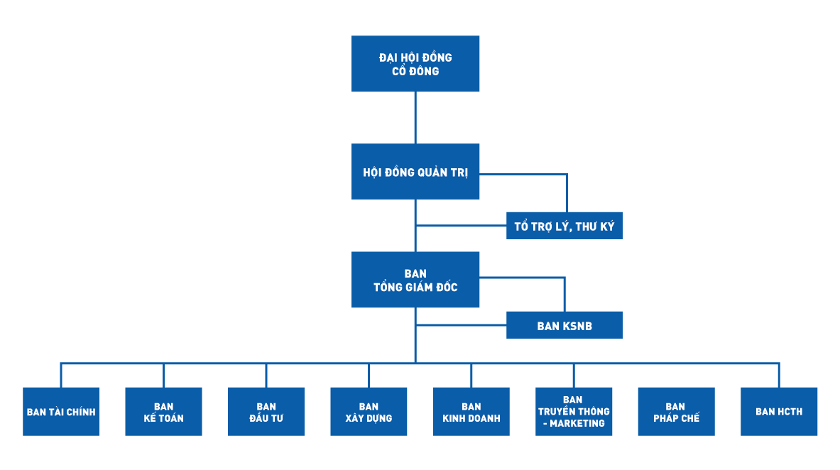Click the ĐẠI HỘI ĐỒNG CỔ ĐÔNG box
click(415, 64)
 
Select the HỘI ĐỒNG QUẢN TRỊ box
click(415, 172)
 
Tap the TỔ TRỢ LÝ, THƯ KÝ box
click(564, 226)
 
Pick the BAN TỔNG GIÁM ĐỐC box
click(415, 280)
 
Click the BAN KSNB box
click(564, 325)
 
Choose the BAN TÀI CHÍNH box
click(61, 412)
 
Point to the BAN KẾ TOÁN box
click(163, 412)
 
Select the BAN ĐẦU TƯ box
click(266, 412)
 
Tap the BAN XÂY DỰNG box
click(369, 412)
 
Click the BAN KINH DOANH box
click(471, 412)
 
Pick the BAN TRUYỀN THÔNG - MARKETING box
click(574, 412)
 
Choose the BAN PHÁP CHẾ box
click(676, 412)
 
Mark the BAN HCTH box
click(779, 412)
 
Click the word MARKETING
click(577, 424)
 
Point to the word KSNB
click(577, 327)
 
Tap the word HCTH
click(789, 412)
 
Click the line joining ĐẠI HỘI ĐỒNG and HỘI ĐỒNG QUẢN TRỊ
click(415, 117)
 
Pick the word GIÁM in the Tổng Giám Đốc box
click(425, 288)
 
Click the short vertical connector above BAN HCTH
click(779, 376)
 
